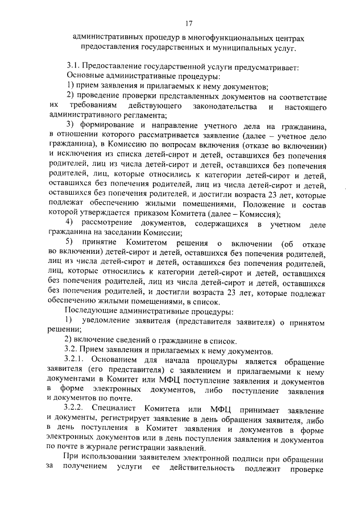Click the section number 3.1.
click(x=74, y=67)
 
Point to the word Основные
click(x=84, y=76)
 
